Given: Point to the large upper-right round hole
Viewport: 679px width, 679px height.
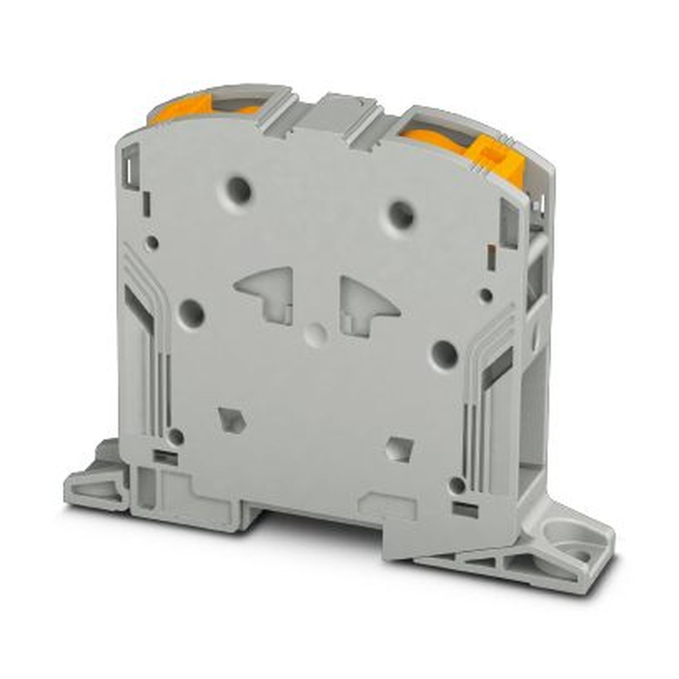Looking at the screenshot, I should pos(401,215).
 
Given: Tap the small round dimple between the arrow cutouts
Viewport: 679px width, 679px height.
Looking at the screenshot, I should pos(314,333).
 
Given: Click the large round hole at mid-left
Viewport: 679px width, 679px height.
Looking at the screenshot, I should pos(191,314).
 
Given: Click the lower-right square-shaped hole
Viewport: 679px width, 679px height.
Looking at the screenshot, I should pos(399,449).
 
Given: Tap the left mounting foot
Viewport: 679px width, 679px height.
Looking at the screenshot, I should pos(95,482).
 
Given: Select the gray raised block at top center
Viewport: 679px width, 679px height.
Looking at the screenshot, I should pos(335,115).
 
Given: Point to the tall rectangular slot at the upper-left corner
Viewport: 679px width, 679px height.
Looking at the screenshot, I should pos(130,166).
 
